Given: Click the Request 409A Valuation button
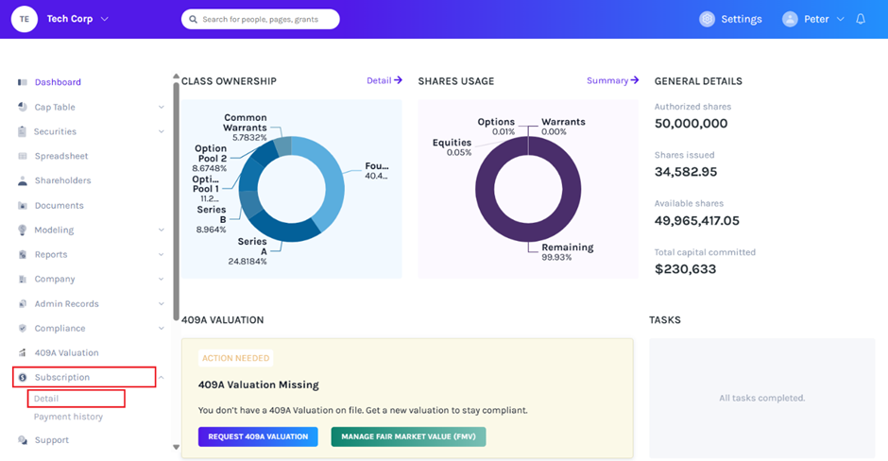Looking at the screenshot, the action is [x=258, y=436].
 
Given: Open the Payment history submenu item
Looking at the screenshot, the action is [x=68, y=417].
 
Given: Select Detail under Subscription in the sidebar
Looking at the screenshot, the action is [x=46, y=399].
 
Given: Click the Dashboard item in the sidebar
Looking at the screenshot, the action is [x=58, y=82].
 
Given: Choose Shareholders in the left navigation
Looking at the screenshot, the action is [x=63, y=180].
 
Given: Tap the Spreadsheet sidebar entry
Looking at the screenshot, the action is [x=61, y=156].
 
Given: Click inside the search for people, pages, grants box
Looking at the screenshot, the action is [x=261, y=19].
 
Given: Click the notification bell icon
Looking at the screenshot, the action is [x=861, y=19].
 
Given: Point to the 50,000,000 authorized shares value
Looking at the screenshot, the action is [x=691, y=124].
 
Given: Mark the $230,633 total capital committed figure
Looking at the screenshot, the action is [x=685, y=269].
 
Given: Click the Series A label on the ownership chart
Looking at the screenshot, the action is [x=252, y=247].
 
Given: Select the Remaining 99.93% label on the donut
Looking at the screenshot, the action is [x=568, y=252].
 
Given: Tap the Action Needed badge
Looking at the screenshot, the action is [x=235, y=358].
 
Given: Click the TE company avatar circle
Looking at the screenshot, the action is [x=25, y=19].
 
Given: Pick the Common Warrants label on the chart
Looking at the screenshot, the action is [x=245, y=122].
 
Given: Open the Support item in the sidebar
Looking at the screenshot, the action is [x=52, y=440].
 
